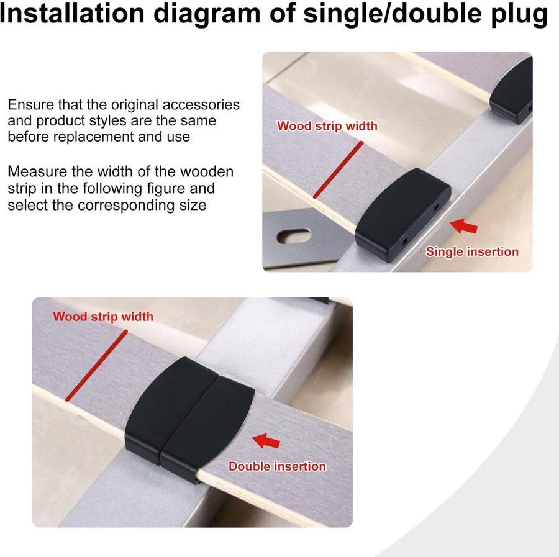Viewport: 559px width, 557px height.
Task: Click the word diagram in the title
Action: click(207, 15)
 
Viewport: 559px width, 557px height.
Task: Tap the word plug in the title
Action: click(519, 15)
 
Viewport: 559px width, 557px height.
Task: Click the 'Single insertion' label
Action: click(472, 251)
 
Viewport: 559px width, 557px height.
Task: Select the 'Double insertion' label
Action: click(277, 466)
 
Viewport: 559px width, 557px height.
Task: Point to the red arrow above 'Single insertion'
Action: click(463, 226)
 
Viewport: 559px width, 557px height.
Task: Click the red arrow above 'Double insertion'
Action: click(266, 441)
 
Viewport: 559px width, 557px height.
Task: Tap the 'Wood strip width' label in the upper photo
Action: click(327, 126)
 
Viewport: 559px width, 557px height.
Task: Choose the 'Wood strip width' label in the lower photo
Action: click(103, 317)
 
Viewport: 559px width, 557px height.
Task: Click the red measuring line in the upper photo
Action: click(339, 170)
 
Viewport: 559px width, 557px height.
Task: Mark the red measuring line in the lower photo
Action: click(96, 366)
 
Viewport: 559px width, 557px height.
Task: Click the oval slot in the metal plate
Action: click(294, 236)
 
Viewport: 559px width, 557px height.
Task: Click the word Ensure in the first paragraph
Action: click(30, 105)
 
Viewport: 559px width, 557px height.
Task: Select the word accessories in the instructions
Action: click(201, 105)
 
